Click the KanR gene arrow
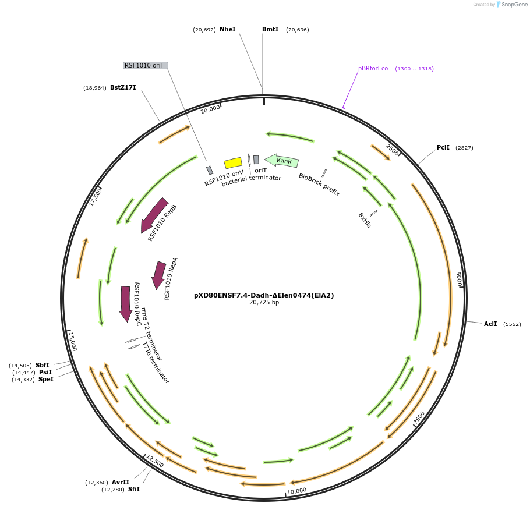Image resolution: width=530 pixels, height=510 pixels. point(282,160)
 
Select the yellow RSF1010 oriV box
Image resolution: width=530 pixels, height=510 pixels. point(233,162)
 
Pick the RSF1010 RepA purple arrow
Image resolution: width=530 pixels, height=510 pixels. point(158,274)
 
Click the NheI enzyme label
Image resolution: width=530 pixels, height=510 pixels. point(227,29)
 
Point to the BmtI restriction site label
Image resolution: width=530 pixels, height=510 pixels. point(270,29)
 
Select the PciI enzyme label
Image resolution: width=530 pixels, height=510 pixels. point(443,147)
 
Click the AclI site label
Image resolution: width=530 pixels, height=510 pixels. point(490,324)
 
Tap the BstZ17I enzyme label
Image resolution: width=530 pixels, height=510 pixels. point(123,87)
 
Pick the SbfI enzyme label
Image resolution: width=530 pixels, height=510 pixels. point(43,365)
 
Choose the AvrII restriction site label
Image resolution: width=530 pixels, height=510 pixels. point(121,482)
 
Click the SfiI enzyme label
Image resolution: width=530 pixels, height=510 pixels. point(134,489)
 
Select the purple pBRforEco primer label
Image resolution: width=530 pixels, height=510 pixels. point(373,68)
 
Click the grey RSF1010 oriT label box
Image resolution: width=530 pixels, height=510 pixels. point(145,65)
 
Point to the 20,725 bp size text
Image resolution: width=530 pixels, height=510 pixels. point(264,303)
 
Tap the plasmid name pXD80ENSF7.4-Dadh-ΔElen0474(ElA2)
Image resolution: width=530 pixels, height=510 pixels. point(264,295)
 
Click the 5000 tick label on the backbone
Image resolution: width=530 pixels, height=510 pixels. point(459,279)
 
